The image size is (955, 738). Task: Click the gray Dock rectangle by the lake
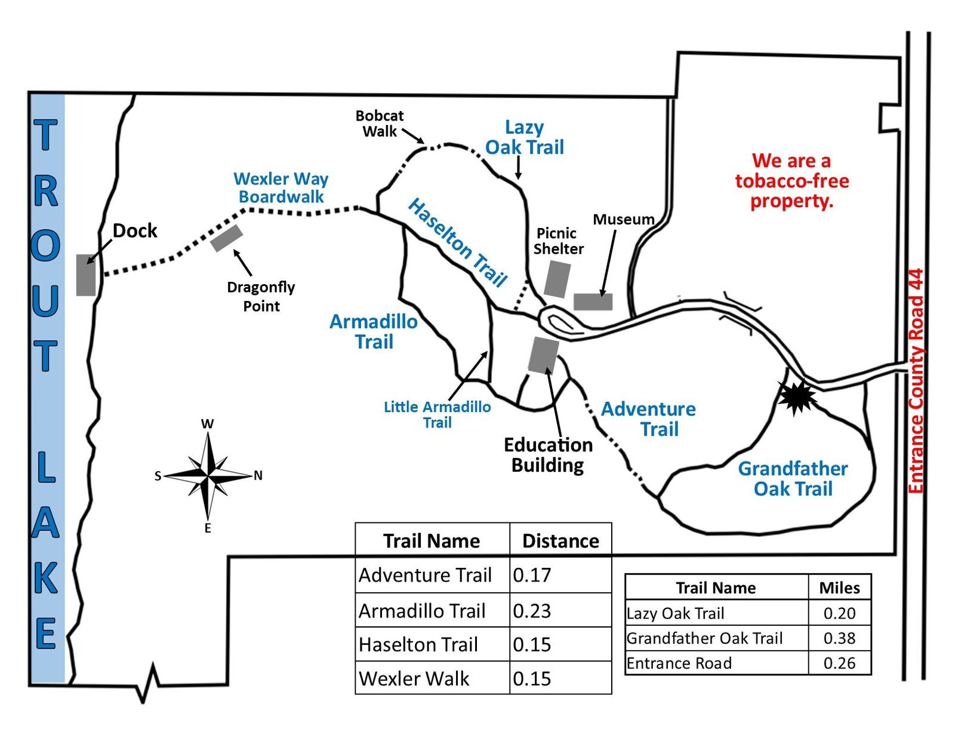tap(86, 275)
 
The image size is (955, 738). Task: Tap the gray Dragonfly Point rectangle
tap(226, 238)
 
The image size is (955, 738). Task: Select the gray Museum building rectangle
tap(593, 302)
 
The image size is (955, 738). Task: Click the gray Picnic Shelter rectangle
tap(557, 279)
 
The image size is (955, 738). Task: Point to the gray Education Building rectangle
tap(543, 355)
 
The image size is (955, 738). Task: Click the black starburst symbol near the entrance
tap(796, 396)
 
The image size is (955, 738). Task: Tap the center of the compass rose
tap(208, 476)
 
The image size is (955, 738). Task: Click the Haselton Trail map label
tap(457, 242)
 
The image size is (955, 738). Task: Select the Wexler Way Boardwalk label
tap(281, 187)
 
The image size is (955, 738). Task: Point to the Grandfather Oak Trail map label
tap(793, 478)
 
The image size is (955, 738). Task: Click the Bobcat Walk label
tap(379, 123)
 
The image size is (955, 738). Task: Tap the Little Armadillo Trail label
tap(437, 414)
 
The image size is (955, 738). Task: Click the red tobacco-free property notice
tap(791, 180)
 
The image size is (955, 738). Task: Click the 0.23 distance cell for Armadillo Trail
tap(532, 611)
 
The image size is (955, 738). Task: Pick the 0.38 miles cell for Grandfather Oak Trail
tap(839, 638)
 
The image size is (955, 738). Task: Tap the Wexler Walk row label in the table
tap(414, 679)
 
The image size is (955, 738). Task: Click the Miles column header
tap(839, 588)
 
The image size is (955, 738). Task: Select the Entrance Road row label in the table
tap(679, 663)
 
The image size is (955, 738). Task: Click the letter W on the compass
tap(207, 424)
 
